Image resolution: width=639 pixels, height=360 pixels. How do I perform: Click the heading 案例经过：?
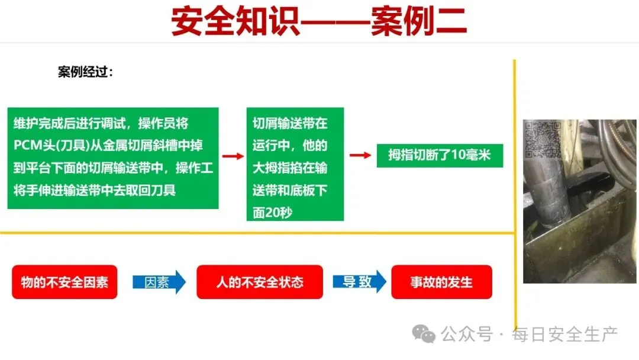[x=85, y=72]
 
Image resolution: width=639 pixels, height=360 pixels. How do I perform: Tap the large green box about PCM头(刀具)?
[x=113, y=158]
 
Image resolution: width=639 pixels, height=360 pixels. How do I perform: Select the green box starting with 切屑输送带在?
[x=295, y=164]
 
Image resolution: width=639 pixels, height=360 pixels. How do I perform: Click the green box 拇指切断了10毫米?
[x=440, y=156]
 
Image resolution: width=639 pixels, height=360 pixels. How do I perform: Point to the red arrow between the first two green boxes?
[x=233, y=156]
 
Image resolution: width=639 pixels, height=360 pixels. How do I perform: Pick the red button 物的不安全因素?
[x=64, y=282]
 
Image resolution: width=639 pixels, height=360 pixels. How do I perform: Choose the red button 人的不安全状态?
[x=260, y=282]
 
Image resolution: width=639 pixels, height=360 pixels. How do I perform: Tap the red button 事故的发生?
[x=441, y=282]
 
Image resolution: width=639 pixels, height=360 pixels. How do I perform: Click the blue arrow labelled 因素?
[x=159, y=282]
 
